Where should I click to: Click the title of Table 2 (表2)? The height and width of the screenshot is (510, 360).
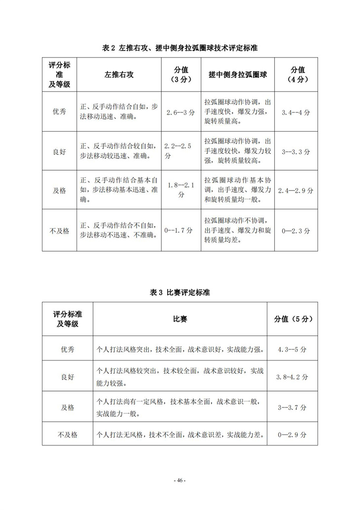pos(180,48)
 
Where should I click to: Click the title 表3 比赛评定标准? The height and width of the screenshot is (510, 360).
pos(180,292)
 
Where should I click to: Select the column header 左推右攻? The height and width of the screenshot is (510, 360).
pos(119,74)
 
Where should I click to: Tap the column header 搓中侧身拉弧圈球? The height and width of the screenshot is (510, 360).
pos(237,74)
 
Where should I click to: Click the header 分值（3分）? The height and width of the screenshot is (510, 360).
pos(181,74)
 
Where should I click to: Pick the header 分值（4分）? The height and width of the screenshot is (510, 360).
pos(296,74)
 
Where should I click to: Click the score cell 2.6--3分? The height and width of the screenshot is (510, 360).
pos(181,112)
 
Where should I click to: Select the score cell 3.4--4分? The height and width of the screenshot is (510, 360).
pos(296,112)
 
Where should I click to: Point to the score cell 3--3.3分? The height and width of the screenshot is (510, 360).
pos(296,151)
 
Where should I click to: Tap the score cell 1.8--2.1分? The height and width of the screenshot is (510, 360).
pos(181,190)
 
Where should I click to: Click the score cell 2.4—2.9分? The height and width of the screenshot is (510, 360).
pos(296,190)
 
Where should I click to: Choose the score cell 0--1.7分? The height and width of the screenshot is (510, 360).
pos(181,230)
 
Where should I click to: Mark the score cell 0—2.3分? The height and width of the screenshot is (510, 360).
pos(296,230)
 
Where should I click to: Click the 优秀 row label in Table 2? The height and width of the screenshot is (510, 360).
pos(59,112)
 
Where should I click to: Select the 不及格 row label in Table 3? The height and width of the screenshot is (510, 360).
pos(67,435)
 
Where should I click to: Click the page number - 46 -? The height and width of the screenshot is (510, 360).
pos(180,480)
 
